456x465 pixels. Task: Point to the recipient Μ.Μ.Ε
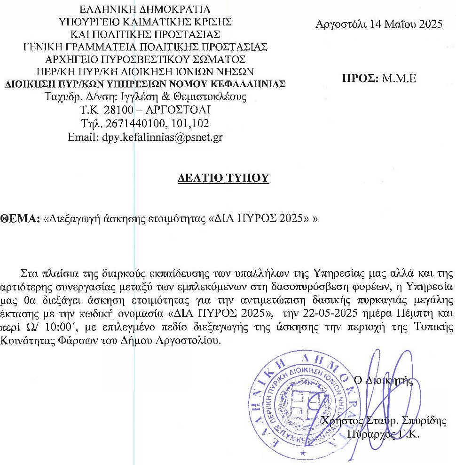click(x=400, y=79)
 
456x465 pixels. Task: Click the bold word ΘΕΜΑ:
click(x=20, y=219)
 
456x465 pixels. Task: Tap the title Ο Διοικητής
click(x=383, y=380)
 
